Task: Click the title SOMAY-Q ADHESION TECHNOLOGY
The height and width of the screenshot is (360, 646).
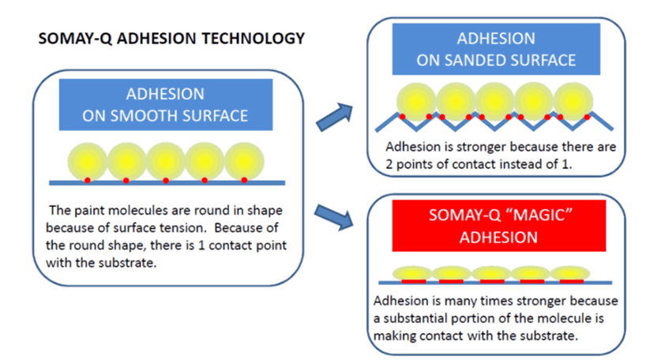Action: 171,38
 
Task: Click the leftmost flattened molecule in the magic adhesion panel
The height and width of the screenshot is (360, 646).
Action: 413,273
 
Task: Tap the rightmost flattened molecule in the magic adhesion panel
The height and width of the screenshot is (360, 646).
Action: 568,273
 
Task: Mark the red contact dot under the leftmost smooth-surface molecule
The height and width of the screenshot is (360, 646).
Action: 88,180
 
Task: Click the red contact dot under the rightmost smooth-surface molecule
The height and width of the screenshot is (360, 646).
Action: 243,180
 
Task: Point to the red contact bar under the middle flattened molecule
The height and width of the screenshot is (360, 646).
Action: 490,280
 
